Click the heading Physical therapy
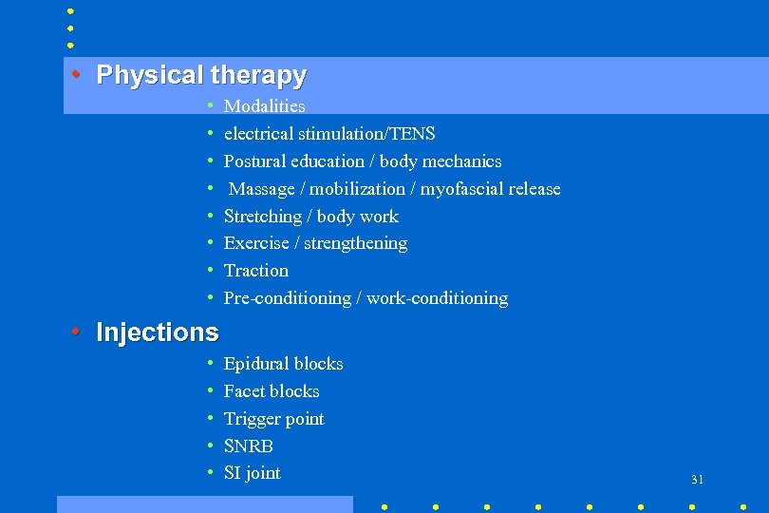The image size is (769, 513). [201, 75]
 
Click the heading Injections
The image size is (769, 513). [158, 332]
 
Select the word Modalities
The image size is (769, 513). [264, 106]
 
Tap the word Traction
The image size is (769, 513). [255, 271]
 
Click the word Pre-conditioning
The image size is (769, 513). [287, 298]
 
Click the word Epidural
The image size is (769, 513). [255, 364]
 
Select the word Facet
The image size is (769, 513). [244, 391]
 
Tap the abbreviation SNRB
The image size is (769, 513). [248, 446]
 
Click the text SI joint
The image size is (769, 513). [252, 473]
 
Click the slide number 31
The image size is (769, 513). [697, 480]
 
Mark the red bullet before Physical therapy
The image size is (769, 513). [75, 74]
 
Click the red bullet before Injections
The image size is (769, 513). [75, 332]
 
